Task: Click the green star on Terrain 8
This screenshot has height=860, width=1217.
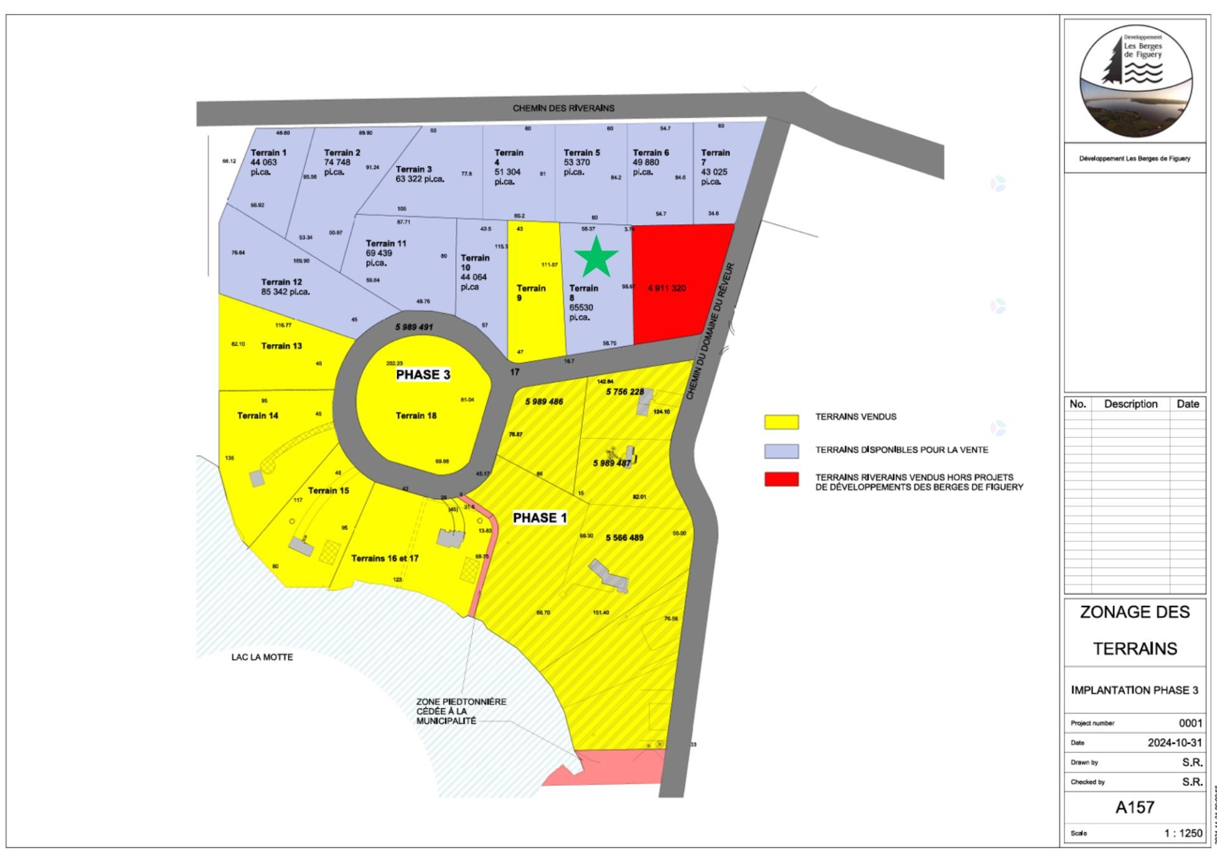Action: click(596, 257)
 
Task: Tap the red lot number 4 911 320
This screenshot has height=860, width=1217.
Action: click(666, 288)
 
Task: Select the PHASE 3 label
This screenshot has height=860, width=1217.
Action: click(423, 375)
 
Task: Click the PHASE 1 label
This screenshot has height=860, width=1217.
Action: click(539, 518)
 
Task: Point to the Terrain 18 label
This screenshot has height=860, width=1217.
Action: click(416, 416)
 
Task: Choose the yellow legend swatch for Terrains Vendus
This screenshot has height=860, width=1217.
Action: click(781, 421)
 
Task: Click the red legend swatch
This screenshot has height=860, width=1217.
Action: click(781, 479)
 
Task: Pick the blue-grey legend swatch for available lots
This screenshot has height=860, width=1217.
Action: click(781, 451)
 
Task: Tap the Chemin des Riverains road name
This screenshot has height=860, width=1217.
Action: click(563, 108)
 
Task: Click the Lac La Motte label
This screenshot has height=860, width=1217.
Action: click(262, 657)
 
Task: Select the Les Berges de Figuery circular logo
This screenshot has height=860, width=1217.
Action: click(1135, 81)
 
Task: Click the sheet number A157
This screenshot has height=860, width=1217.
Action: click(1135, 807)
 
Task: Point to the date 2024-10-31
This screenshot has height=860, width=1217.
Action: click(1174, 743)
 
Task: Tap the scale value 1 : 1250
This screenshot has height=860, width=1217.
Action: click(1183, 833)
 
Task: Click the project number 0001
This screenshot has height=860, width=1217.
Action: click(1190, 723)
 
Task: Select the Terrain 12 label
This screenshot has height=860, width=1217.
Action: click(281, 282)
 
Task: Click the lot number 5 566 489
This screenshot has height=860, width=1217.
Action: click(624, 538)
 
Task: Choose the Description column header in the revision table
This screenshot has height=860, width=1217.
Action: click(1130, 404)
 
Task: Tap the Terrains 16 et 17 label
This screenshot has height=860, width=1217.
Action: click(385, 558)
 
